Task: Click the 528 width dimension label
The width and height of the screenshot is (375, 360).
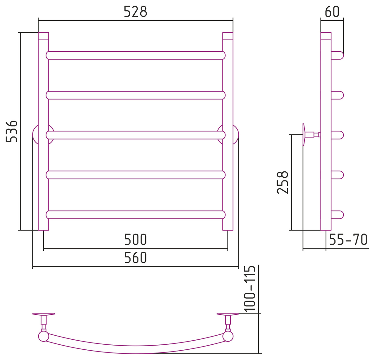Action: [x=136, y=12]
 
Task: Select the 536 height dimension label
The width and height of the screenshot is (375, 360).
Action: [x=12, y=131]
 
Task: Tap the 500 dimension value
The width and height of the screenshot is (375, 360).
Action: [x=136, y=240]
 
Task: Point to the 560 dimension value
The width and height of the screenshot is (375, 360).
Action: [x=136, y=257]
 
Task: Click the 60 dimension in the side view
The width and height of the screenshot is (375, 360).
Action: [x=332, y=12]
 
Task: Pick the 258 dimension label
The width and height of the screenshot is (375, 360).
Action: [x=282, y=182]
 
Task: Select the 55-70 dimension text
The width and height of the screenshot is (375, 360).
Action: [x=348, y=240]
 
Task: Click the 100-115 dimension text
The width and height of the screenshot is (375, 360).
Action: [x=250, y=289]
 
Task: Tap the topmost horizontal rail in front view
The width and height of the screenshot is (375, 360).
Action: [x=136, y=55]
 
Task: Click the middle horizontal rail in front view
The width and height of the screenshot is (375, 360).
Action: [x=136, y=135]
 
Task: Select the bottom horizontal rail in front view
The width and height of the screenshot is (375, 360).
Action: [x=136, y=215]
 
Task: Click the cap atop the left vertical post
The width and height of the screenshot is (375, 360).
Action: [x=43, y=36]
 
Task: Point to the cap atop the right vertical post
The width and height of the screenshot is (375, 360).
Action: [x=228, y=36]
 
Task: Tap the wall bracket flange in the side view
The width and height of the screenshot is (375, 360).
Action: [x=304, y=134]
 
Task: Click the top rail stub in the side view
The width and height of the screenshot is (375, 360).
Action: [x=337, y=55]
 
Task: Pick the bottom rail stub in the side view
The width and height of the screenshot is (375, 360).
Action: [x=337, y=215]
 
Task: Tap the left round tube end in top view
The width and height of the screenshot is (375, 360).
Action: [x=43, y=337]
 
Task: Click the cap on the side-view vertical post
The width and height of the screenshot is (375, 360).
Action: [x=326, y=36]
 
